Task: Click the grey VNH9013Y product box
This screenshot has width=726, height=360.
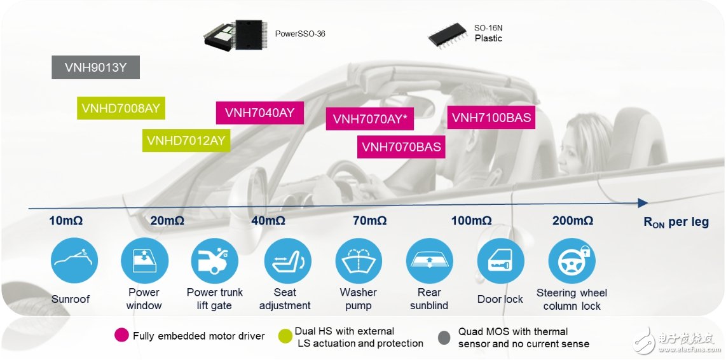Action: (x=95, y=67)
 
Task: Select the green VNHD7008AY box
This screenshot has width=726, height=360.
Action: (x=121, y=108)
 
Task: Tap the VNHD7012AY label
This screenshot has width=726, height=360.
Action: (x=186, y=140)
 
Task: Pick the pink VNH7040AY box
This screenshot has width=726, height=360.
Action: (x=260, y=113)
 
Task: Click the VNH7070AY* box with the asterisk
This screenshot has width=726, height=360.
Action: (x=370, y=119)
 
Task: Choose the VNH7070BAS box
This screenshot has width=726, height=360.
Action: (x=401, y=147)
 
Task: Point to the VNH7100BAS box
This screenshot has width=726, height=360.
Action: (x=491, y=117)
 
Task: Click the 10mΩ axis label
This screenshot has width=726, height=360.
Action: (x=65, y=221)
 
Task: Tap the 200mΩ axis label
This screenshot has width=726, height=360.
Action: (x=573, y=221)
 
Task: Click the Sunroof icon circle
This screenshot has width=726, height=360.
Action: (x=74, y=260)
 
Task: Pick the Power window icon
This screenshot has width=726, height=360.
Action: (x=144, y=260)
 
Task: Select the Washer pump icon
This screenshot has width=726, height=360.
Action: (x=359, y=260)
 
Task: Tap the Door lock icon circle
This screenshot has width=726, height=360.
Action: (x=500, y=260)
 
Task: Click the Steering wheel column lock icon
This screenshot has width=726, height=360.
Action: (x=572, y=260)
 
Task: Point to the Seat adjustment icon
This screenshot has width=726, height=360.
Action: (x=287, y=260)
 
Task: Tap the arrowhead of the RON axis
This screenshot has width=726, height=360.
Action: (x=643, y=203)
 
